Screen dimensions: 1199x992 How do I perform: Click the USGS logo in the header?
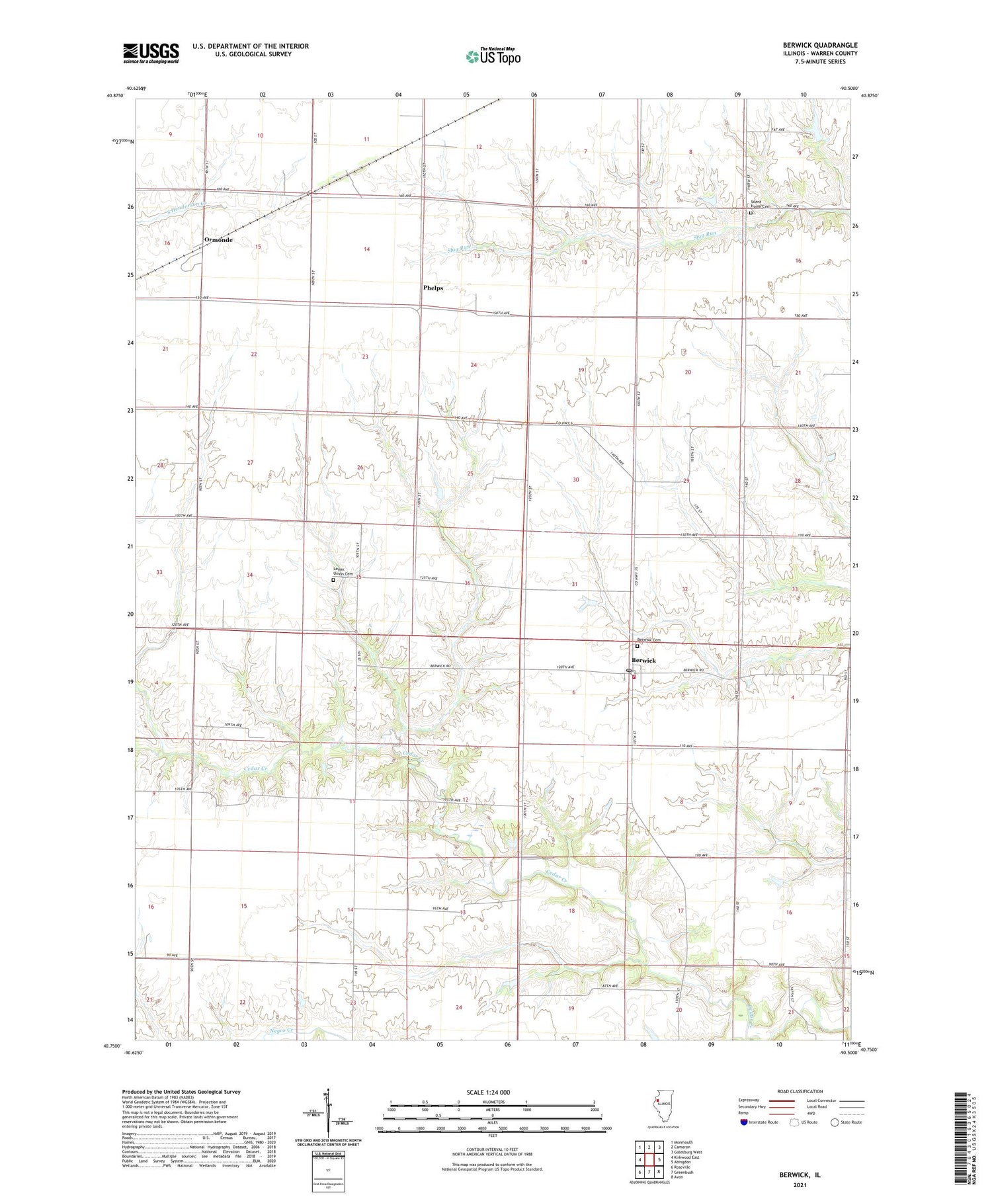coord(151,53)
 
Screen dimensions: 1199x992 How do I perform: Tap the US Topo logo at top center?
coord(493,57)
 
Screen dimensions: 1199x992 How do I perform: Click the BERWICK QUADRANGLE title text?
coord(819,45)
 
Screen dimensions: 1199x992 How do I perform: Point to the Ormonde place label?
coord(218,239)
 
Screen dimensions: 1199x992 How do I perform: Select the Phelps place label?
coord(433,288)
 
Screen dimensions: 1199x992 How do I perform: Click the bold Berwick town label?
coord(643,661)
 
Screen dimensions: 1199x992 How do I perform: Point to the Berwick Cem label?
coord(648,640)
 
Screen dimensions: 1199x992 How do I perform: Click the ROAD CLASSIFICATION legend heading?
coord(800,1091)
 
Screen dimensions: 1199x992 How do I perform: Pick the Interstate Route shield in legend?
coord(744,1122)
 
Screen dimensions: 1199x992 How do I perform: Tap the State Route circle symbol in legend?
coord(835,1122)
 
